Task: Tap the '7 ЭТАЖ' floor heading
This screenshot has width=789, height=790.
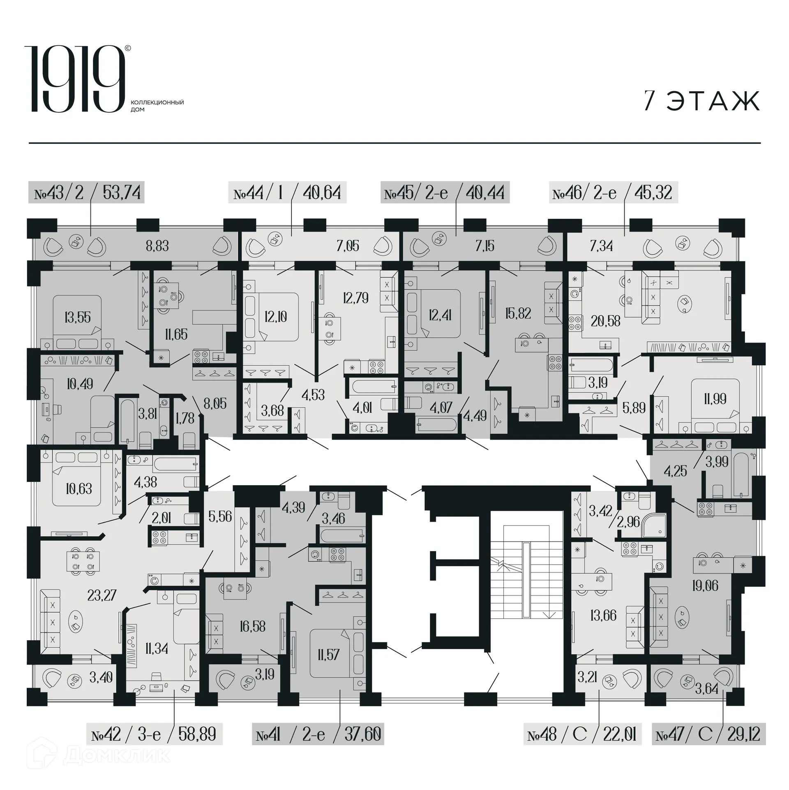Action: tap(701, 101)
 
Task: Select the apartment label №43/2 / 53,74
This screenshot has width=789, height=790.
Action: tap(86, 192)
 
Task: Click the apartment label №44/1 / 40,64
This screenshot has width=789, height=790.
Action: tap(287, 192)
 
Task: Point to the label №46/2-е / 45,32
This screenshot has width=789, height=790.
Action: tap(613, 192)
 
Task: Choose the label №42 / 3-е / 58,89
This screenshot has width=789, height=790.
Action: tap(154, 734)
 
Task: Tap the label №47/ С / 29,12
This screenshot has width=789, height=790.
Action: tap(708, 734)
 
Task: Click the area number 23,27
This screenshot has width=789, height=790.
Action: tap(102, 595)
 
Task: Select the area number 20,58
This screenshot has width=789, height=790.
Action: tap(605, 321)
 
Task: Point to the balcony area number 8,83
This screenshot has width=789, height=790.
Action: tap(157, 246)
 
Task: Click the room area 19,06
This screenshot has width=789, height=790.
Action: tap(705, 586)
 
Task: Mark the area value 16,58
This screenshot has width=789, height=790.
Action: tap(252, 626)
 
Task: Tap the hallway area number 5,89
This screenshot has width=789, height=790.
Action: tap(634, 408)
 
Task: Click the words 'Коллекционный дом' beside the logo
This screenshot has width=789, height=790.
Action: tap(157, 106)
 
